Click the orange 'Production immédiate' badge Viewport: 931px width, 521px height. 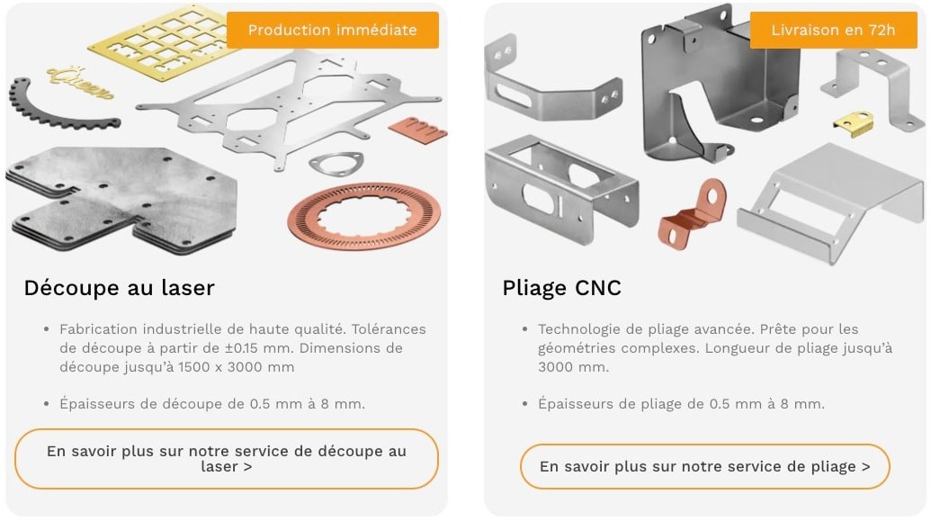[x=332, y=30]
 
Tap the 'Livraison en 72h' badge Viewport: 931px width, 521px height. [x=833, y=30]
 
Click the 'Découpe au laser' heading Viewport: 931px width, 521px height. [x=119, y=288]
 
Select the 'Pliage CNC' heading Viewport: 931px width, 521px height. [x=561, y=288]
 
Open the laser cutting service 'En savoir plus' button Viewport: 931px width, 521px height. [x=226, y=459]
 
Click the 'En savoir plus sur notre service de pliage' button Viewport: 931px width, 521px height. [x=704, y=467]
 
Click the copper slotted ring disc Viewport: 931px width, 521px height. [x=363, y=217]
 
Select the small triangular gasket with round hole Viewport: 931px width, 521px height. [x=336, y=164]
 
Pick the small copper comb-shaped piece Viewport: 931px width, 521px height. [x=417, y=130]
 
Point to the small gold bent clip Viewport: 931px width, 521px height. [x=854, y=123]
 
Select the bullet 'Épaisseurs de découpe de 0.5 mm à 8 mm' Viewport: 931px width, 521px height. [x=211, y=404]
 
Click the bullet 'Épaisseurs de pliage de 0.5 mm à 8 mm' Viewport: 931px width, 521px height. [x=681, y=404]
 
